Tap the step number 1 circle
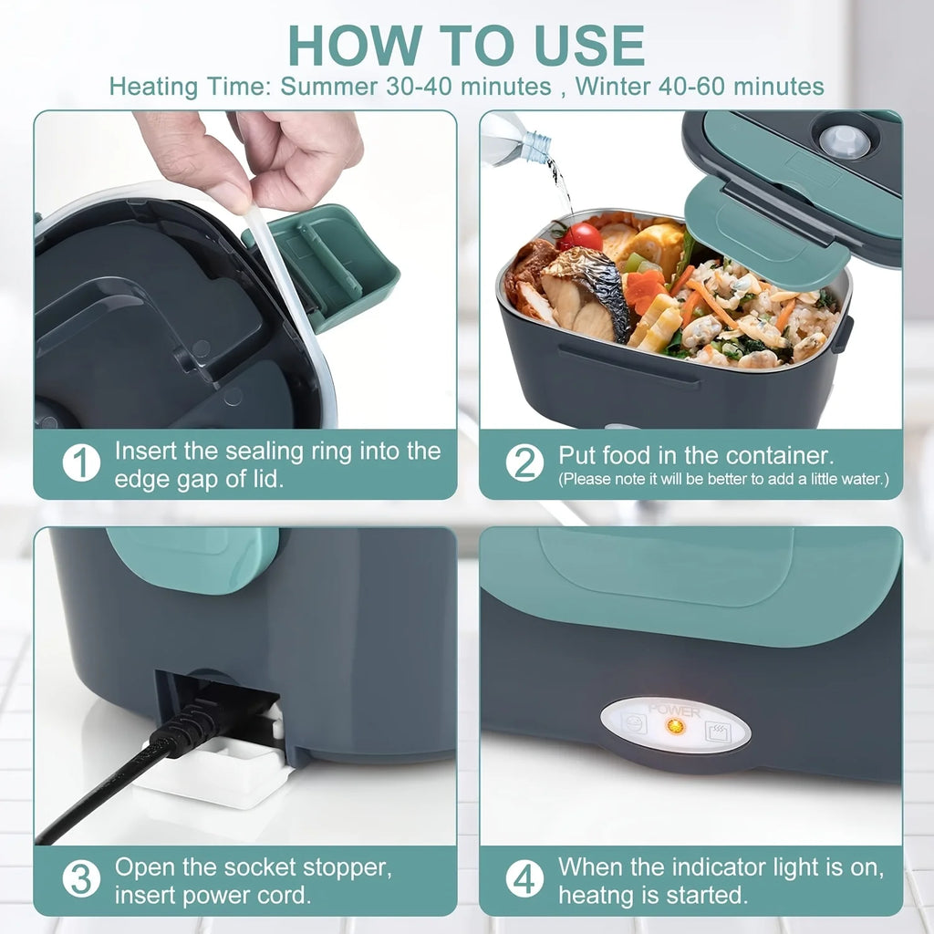(81, 463)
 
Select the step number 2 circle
(524, 463)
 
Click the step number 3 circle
(81, 879)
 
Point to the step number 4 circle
(524, 879)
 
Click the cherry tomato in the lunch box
(581, 236)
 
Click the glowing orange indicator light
(675, 727)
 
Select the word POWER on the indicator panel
(674, 710)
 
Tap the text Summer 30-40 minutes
(415, 87)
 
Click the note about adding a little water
(723, 479)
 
